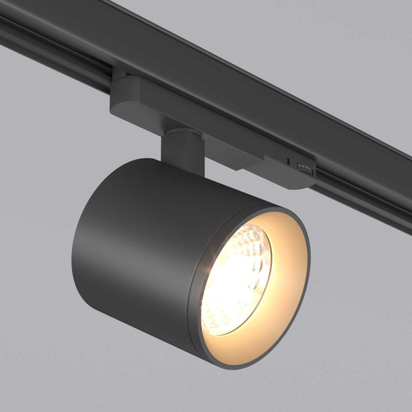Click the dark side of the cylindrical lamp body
130,240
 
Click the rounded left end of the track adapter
117,96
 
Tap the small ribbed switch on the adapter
301,168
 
